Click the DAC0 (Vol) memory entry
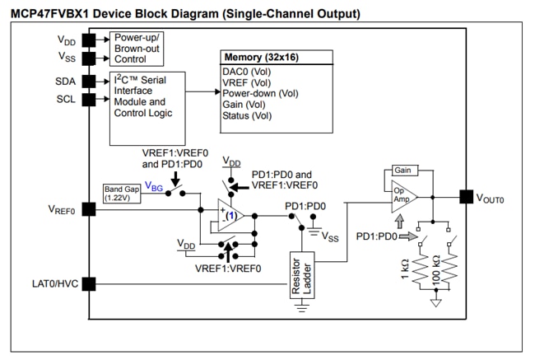[x=247, y=72]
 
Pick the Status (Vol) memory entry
[x=247, y=116]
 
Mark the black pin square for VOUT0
[x=466, y=197]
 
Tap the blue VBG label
[x=153, y=187]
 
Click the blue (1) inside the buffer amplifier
[x=232, y=216]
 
